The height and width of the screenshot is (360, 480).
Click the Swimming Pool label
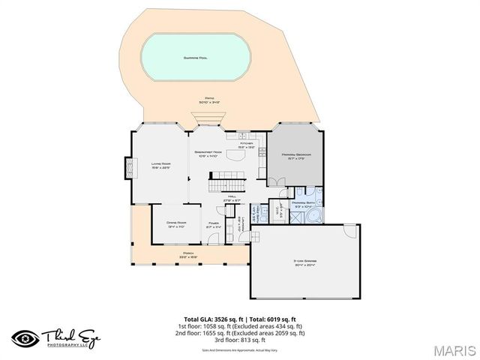click(x=196, y=58)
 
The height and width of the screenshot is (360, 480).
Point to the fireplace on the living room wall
click(x=127, y=165)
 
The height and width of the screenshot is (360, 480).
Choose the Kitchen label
click(x=247, y=145)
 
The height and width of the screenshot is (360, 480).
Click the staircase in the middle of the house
click(x=226, y=183)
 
